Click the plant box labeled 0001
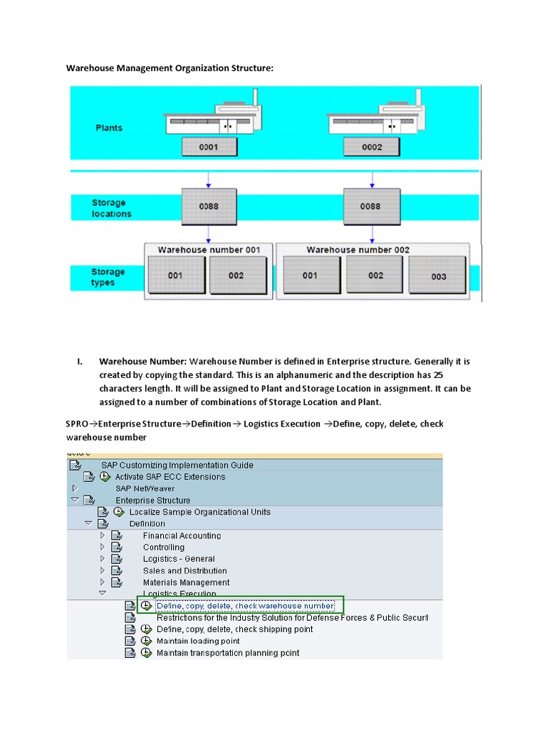tap(209, 147)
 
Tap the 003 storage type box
tap(438, 276)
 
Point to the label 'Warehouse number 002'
tap(358, 250)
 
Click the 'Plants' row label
tap(109, 128)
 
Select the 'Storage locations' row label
tap(111, 208)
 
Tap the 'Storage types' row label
tap(108, 277)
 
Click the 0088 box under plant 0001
tap(209, 206)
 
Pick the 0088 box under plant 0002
tap(370, 206)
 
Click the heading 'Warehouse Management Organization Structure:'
tap(170, 68)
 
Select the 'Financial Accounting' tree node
tap(182, 535)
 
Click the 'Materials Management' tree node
tap(186, 582)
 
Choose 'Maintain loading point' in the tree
tap(198, 641)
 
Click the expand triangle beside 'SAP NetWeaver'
tap(75, 488)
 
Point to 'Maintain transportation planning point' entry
tap(228, 653)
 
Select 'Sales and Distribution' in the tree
tap(184, 571)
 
